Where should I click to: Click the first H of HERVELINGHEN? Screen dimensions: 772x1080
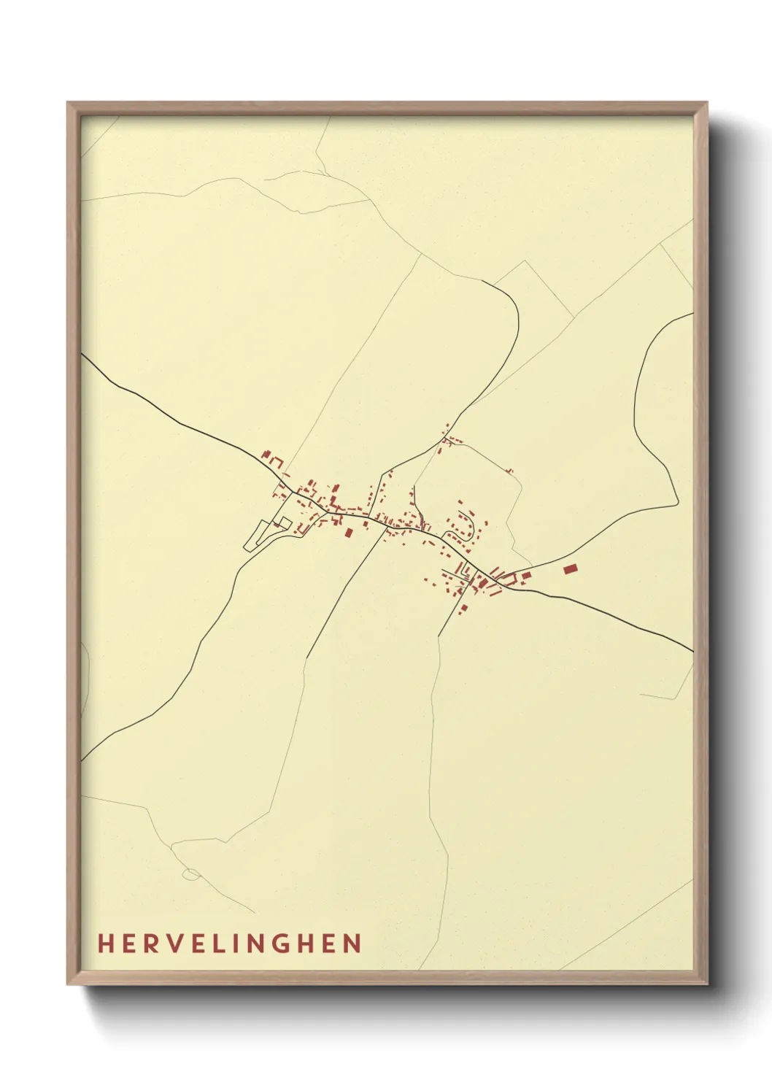[x=104, y=944]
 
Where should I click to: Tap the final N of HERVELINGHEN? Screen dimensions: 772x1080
[x=354, y=944]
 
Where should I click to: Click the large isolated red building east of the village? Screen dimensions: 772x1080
[x=571, y=568]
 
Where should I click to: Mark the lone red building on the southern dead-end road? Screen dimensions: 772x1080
[x=463, y=608]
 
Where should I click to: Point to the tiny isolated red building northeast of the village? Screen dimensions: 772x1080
[x=510, y=471]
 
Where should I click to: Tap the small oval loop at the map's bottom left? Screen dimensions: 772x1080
[x=191, y=873]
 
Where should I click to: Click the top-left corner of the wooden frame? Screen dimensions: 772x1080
[x=69, y=104]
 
